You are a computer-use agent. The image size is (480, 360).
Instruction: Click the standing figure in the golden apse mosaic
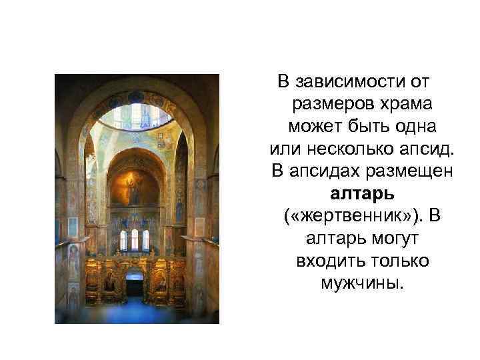click(x=135, y=191)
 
